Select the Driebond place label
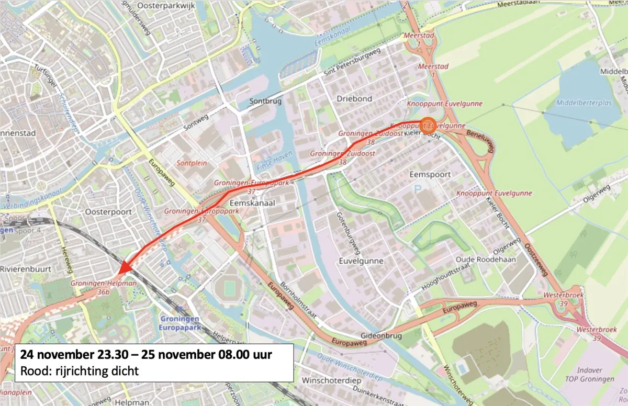pyautogui.click(x=354, y=98)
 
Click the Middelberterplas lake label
pyautogui.click(x=584, y=103)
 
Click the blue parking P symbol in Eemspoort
pyautogui.click(x=417, y=187)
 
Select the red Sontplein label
pyautogui.click(x=192, y=163)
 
